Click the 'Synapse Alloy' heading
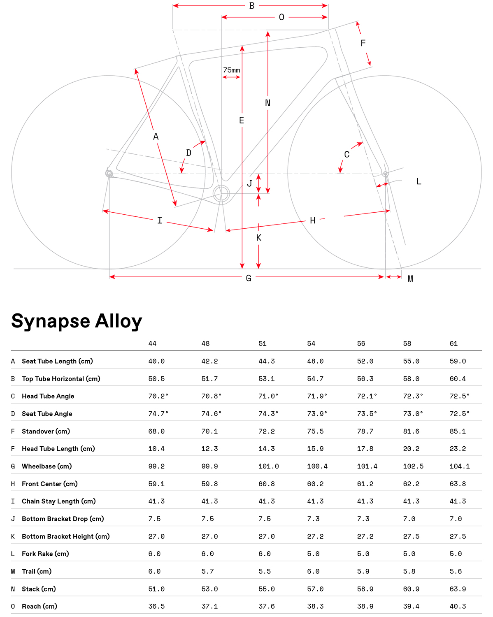click(77, 321)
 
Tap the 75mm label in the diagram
click(231, 70)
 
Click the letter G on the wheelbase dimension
click(249, 278)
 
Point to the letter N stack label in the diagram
click(267, 103)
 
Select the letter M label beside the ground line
click(410, 279)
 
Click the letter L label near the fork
click(419, 181)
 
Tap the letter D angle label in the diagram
click(188, 153)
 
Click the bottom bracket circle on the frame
click(221, 194)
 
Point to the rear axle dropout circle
click(109, 174)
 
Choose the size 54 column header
click(311, 343)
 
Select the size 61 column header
click(453, 343)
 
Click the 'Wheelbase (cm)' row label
click(47, 466)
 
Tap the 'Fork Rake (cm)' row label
click(45, 554)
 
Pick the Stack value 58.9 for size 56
click(365, 589)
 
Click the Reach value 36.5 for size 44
click(156, 606)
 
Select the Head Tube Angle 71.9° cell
click(317, 396)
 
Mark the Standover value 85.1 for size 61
click(458, 431)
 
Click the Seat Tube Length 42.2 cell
click(209, 361)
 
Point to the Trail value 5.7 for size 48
click(207, 571)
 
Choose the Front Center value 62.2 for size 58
click(411, 484)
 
